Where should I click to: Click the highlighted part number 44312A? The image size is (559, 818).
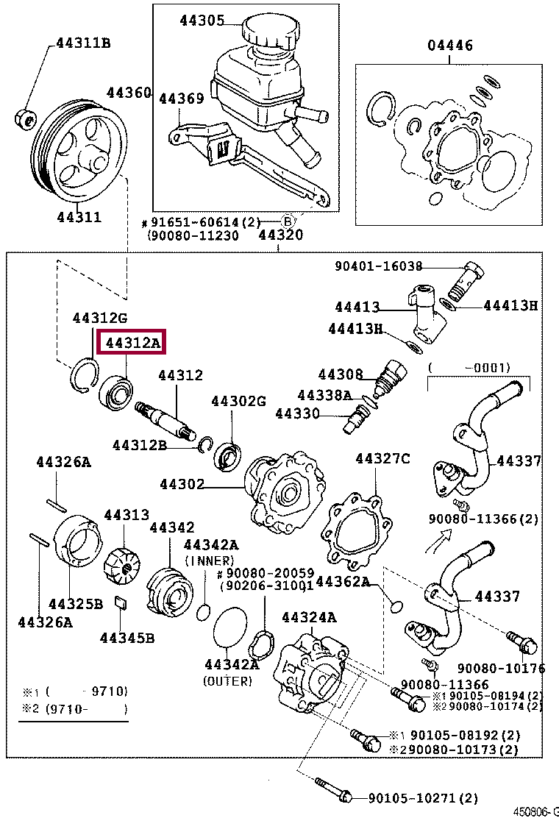point(132,343)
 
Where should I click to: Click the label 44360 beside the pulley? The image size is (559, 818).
point(128,93)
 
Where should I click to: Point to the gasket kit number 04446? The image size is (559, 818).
point(450,46)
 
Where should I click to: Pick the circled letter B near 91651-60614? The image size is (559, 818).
point(289,222)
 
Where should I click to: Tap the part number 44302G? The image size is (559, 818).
point(238,401)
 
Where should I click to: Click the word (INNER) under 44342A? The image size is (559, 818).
point(211,561)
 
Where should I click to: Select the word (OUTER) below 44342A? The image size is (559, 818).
point(227,681)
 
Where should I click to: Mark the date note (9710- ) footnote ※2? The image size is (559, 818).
point(86,709)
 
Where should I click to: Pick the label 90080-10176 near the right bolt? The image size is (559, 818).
point(501,668)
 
